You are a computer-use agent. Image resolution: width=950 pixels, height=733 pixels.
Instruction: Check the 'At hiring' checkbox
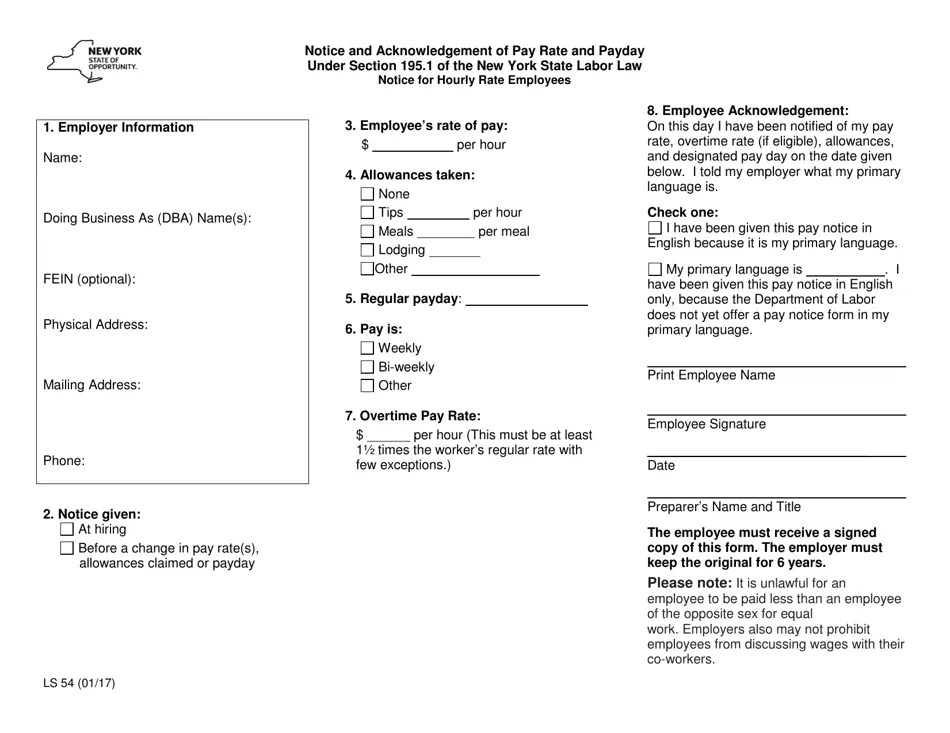click(67, 529)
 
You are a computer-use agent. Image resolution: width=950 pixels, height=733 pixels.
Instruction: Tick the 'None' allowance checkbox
click(367, 194)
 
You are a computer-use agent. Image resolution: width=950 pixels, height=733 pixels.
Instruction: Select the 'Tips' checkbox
click(367, 213)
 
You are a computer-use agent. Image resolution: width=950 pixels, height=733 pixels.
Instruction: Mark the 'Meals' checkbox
click(367, 232)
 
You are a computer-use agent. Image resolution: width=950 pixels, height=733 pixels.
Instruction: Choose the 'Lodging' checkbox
click(367, 250)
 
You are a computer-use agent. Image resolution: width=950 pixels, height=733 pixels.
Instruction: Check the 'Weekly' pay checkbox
click(367, 348)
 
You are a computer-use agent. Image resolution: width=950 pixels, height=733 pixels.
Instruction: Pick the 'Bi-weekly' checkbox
click(367, 367)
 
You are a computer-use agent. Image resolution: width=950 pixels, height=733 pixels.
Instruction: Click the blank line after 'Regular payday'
click(527, 300)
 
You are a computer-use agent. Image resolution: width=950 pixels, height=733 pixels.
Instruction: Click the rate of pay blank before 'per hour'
click(412, 146)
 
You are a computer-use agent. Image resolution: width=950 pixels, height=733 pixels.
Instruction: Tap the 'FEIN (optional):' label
click(90, 279)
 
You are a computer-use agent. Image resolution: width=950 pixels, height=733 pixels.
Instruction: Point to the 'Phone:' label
click(64, 461)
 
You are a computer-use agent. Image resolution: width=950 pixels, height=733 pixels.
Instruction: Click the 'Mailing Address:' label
click(92, 384)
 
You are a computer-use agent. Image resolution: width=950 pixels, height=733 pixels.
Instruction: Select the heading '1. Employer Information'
click(119, 127)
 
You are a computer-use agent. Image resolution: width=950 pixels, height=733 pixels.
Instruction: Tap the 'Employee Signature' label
click(706, 424)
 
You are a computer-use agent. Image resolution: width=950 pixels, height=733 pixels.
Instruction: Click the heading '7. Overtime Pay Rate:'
click(413, 415)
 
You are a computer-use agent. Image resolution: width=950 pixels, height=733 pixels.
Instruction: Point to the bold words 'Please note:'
click(689, 583)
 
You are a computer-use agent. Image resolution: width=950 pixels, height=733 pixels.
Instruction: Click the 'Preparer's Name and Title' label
click(724, 507)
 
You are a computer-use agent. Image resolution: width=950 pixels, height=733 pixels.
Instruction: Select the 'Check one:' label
click(683, 212)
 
